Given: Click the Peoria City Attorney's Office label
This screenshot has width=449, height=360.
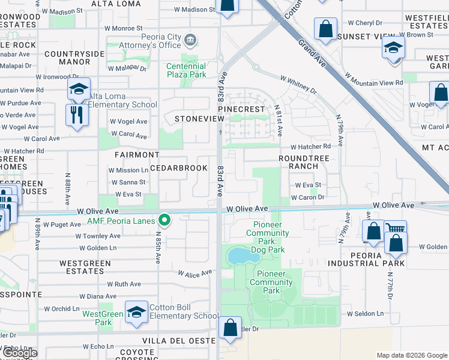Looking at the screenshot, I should [161, 41].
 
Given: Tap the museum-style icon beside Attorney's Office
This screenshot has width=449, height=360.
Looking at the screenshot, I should [191, 40].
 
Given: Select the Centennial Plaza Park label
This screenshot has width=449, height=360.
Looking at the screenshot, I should [186, 70].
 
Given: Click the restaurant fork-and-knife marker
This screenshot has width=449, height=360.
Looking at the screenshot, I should [77, 115].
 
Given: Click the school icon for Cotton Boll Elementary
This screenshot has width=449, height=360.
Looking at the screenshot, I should [136, 312].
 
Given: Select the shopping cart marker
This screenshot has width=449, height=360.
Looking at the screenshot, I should [395, 229].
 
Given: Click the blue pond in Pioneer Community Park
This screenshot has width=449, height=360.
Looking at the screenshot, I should [242, 257].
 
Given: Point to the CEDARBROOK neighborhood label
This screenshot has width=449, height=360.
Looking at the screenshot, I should [178, 168].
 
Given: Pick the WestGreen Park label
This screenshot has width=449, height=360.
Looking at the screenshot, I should [103, 318].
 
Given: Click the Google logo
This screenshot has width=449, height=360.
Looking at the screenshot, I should [19, 353].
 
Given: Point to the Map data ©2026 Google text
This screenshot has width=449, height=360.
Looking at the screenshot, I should [411, 355].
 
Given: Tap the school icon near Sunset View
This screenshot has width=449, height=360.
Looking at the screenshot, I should [393, 48].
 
